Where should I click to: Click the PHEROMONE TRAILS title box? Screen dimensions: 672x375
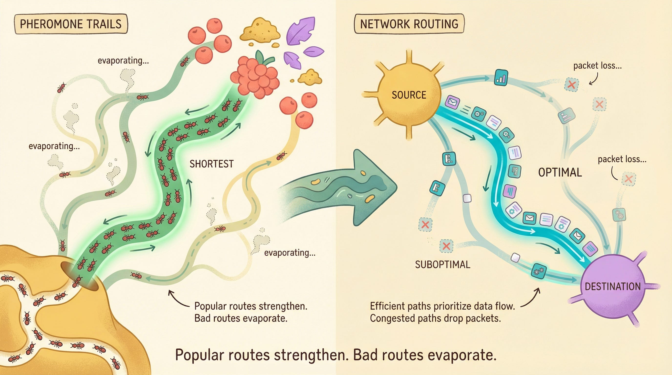(x=71, y=24)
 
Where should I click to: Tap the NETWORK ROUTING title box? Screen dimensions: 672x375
(x=409, y=24)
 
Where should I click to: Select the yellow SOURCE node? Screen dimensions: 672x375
(x=409, y=95)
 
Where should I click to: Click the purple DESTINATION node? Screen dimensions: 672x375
(x=612, y=286)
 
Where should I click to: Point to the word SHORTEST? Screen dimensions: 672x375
(x=211, y=164)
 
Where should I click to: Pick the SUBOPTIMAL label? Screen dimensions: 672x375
(x=443, y=265)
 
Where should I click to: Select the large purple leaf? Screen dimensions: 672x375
(x=301, y=31)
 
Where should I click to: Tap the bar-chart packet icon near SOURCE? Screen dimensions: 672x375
(x=501, y=77)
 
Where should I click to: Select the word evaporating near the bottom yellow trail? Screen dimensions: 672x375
(x=290, y=253)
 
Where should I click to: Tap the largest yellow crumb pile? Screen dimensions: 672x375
(x=260, y=31)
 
